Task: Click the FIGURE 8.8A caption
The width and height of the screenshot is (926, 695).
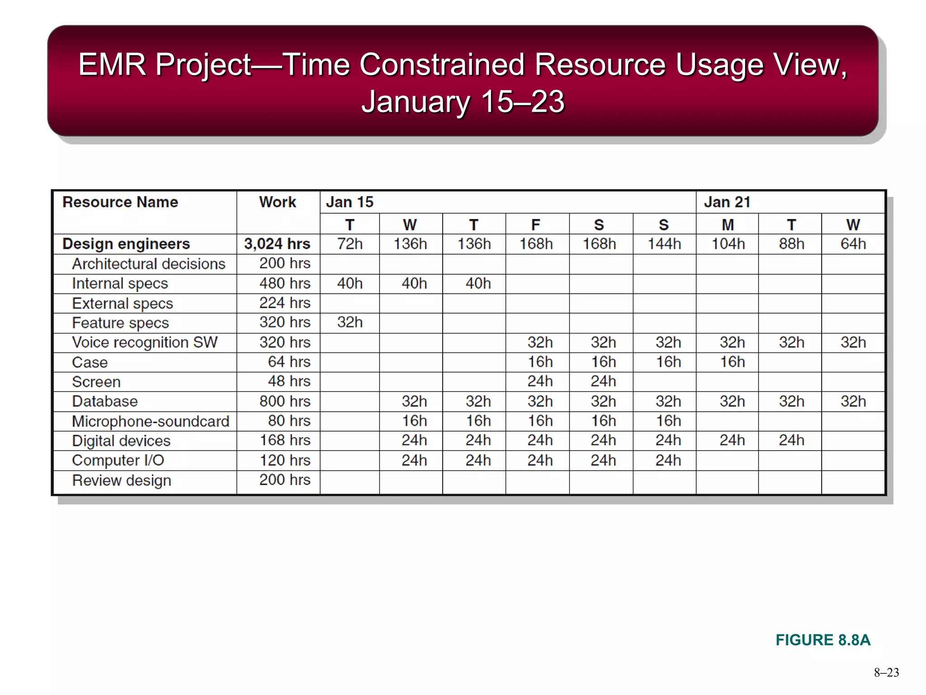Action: coord(822,640)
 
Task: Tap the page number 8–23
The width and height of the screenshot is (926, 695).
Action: coord(886,673)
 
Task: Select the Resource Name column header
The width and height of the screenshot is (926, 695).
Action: coord(120,202)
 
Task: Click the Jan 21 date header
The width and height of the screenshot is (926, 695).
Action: coord(727,202)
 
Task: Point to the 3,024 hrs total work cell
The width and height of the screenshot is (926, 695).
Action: coord(277,244)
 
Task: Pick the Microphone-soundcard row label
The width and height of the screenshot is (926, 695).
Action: coord(151,421)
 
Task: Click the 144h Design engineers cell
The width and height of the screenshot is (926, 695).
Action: coord(664,244)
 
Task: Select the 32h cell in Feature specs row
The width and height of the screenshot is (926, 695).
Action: coord(350,322)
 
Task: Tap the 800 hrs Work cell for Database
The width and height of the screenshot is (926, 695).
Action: coord(285,401)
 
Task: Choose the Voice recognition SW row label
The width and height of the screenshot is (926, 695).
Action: coord(145,343)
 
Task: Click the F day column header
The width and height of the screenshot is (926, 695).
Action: coord(535,224)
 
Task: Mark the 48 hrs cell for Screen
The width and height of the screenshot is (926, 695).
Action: coord(289,381)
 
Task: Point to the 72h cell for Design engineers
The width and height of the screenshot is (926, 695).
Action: coord(350,244)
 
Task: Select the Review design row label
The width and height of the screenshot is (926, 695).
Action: coord(122,480)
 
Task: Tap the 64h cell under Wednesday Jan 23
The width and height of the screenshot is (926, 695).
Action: coord(853,244)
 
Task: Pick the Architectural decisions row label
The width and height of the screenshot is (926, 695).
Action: coord(149,264)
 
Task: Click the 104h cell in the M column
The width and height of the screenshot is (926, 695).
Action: coord(728,244)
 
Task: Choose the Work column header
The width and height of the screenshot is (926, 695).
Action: coord(277,202)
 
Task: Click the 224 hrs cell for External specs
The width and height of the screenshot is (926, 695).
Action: coord(285,303)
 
